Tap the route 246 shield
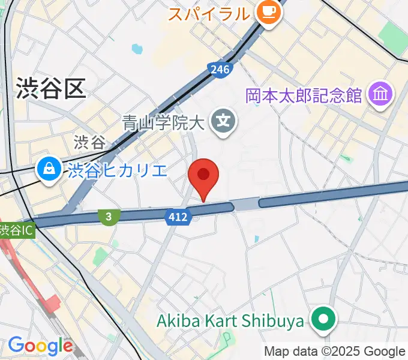click(220, 70)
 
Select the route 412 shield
click(178, 216)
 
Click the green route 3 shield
click(109, 216)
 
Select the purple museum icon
click(382, 95)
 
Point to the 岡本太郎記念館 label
click(303, 95)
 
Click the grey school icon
click(223, 122)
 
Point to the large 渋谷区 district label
click(51, 88)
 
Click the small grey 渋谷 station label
click(89, 142)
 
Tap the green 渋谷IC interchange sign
click(17, 230)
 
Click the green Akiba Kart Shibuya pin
click(324, 319)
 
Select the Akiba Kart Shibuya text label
click(230, 322)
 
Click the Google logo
click(40, 346)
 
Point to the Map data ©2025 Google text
click(334, 352)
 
